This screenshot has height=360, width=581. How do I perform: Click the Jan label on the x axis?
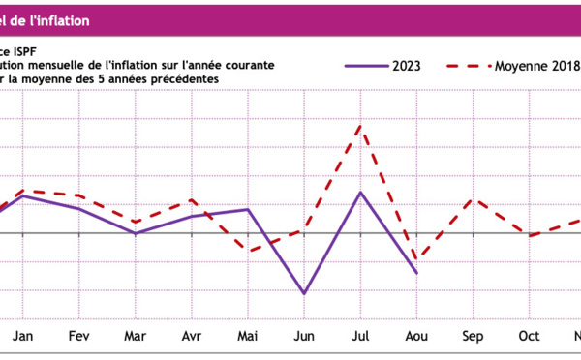[x=22, y=339]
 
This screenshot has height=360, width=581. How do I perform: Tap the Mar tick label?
[x=136, y=339]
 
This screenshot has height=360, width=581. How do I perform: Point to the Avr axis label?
[x=192, y=339]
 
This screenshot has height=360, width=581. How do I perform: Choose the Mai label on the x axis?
[x=248, y=339]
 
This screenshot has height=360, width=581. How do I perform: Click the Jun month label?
[x=304, y=339]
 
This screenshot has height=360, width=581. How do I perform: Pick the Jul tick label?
[x=360, y=339]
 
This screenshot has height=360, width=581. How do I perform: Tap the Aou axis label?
[x=416, y=339]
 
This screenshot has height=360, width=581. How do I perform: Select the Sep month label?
[x=473, y=339]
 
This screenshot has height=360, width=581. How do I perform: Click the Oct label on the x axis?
[x=529, y=339]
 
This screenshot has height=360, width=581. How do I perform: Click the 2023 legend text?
[x=406, y=66]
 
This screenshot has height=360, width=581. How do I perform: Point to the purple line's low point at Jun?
[x=304, y=293]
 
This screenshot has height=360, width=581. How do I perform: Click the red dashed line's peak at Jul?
[x=360, y=126]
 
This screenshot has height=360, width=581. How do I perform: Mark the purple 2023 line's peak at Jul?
[x=360, y=193]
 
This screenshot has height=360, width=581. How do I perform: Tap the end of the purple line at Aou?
[x=416, y=273]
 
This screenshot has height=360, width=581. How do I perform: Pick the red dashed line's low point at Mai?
[x=248, y=252]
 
